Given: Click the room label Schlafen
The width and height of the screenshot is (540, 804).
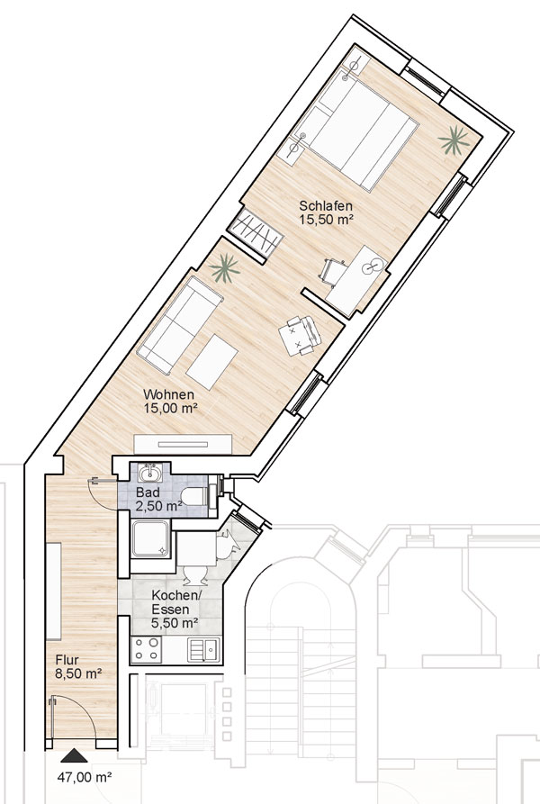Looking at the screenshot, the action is coord(326,206).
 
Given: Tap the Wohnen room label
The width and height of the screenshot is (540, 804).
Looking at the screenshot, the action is coord(168,395).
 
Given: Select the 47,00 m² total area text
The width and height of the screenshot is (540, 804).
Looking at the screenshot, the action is coord(85,777).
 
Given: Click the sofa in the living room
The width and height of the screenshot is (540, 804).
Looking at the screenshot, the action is coord(180,325).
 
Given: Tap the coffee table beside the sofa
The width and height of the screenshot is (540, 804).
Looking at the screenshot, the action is coord(211,362).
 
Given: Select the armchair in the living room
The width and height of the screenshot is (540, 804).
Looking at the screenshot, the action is coord(301,335).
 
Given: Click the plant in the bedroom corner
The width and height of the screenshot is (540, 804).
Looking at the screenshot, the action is coord(454,140).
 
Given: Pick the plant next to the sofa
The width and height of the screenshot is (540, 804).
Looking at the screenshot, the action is coord(224,268).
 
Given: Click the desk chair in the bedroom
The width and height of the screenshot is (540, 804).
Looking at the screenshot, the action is coord(333,270).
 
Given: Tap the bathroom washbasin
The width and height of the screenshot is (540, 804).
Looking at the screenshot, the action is coord(150,473).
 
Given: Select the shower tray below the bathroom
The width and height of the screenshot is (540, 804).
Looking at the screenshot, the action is coord(151,539).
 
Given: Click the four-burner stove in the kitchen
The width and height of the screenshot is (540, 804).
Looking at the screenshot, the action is coord(146,648).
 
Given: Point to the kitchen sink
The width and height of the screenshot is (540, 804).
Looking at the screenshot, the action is coord(203,649).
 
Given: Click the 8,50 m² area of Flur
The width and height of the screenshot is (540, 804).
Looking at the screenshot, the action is coord(78,673).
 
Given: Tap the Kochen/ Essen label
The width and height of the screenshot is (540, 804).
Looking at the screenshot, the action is coord(175,602).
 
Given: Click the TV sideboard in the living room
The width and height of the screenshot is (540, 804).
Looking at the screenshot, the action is coord(183,444).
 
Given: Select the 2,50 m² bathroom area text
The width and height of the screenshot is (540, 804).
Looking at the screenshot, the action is coord(158,506).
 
